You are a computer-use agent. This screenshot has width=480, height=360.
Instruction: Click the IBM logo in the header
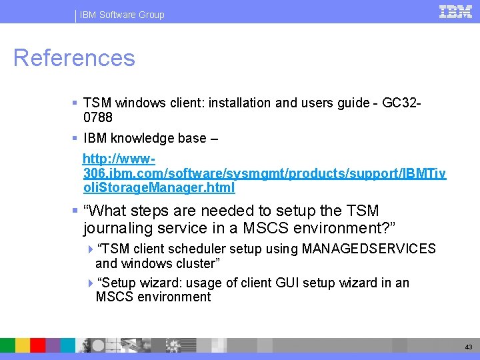(455, 11)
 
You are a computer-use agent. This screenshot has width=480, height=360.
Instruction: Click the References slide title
(74, 58)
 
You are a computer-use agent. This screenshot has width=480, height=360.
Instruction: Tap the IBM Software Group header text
(122, 15)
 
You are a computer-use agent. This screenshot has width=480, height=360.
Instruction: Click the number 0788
(98, 117)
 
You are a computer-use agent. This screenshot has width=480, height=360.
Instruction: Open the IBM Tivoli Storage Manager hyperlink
(264, 174)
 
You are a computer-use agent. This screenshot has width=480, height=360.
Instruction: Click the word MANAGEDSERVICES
(369, 249)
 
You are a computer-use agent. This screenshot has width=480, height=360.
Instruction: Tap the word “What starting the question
(107, 211)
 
